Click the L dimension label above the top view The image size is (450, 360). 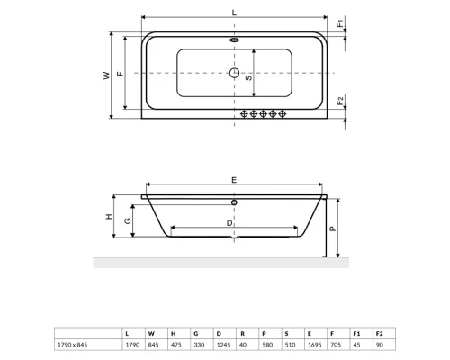coord(234,11)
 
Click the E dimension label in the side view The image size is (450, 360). coord(234,181)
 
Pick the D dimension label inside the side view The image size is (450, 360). coord(231,221)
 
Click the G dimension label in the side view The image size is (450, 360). coord(128,221)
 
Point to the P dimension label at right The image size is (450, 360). coord(332,229)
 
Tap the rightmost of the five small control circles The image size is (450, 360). coord(283,113)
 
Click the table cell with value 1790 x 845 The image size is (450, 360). coord(74,345)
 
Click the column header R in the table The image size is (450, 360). coord(241,332)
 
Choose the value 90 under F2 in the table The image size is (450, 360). coord(379,345)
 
